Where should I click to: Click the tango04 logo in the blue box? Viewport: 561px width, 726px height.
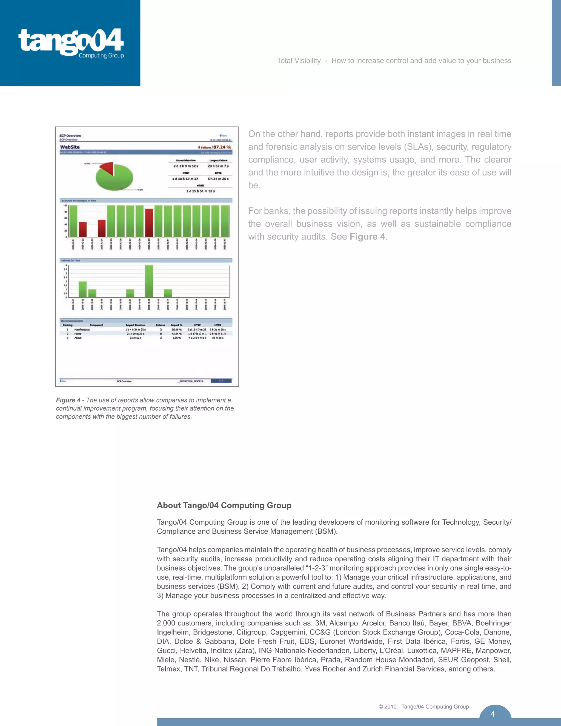71,42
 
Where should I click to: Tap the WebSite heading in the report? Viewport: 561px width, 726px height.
70,147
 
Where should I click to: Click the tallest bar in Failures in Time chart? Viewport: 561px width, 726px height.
149,281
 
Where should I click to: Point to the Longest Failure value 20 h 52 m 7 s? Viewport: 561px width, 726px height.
218,166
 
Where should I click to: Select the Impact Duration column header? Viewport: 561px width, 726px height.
135,325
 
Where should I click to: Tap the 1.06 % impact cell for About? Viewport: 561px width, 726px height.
176,338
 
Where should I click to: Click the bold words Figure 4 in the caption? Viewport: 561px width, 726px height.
68,400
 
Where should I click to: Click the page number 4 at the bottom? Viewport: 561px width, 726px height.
493,714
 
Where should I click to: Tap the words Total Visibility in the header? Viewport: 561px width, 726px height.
299,61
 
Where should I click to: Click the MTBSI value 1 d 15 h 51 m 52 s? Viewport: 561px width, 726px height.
201,191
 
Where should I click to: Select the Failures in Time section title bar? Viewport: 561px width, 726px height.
146,260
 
